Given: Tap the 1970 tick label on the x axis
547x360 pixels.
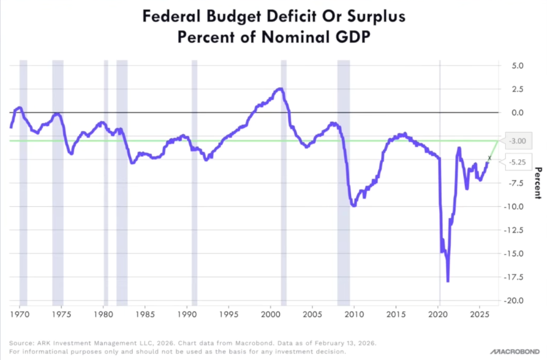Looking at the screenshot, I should [19, 314].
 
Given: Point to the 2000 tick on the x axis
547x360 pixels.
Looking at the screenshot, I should [271, 314].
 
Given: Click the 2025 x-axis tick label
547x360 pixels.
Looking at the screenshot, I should [480, 314].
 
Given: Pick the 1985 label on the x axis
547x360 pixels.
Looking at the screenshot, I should [145, 314].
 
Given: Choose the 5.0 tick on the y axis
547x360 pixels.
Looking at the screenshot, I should [517, 66].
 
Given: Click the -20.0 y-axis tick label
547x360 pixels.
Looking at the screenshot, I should [515, 300].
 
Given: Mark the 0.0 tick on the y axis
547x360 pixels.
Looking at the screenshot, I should [517, 113].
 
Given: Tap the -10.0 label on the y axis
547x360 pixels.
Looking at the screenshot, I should [515, 206].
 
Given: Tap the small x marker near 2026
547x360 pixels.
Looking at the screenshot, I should [489, 158].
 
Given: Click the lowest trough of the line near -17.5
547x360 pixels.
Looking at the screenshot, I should [448, 281].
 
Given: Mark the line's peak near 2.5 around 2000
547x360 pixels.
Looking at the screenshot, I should [279, 89].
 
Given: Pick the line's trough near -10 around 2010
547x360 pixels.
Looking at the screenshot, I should [354, 205].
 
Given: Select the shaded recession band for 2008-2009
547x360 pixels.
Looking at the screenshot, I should [344, 182].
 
